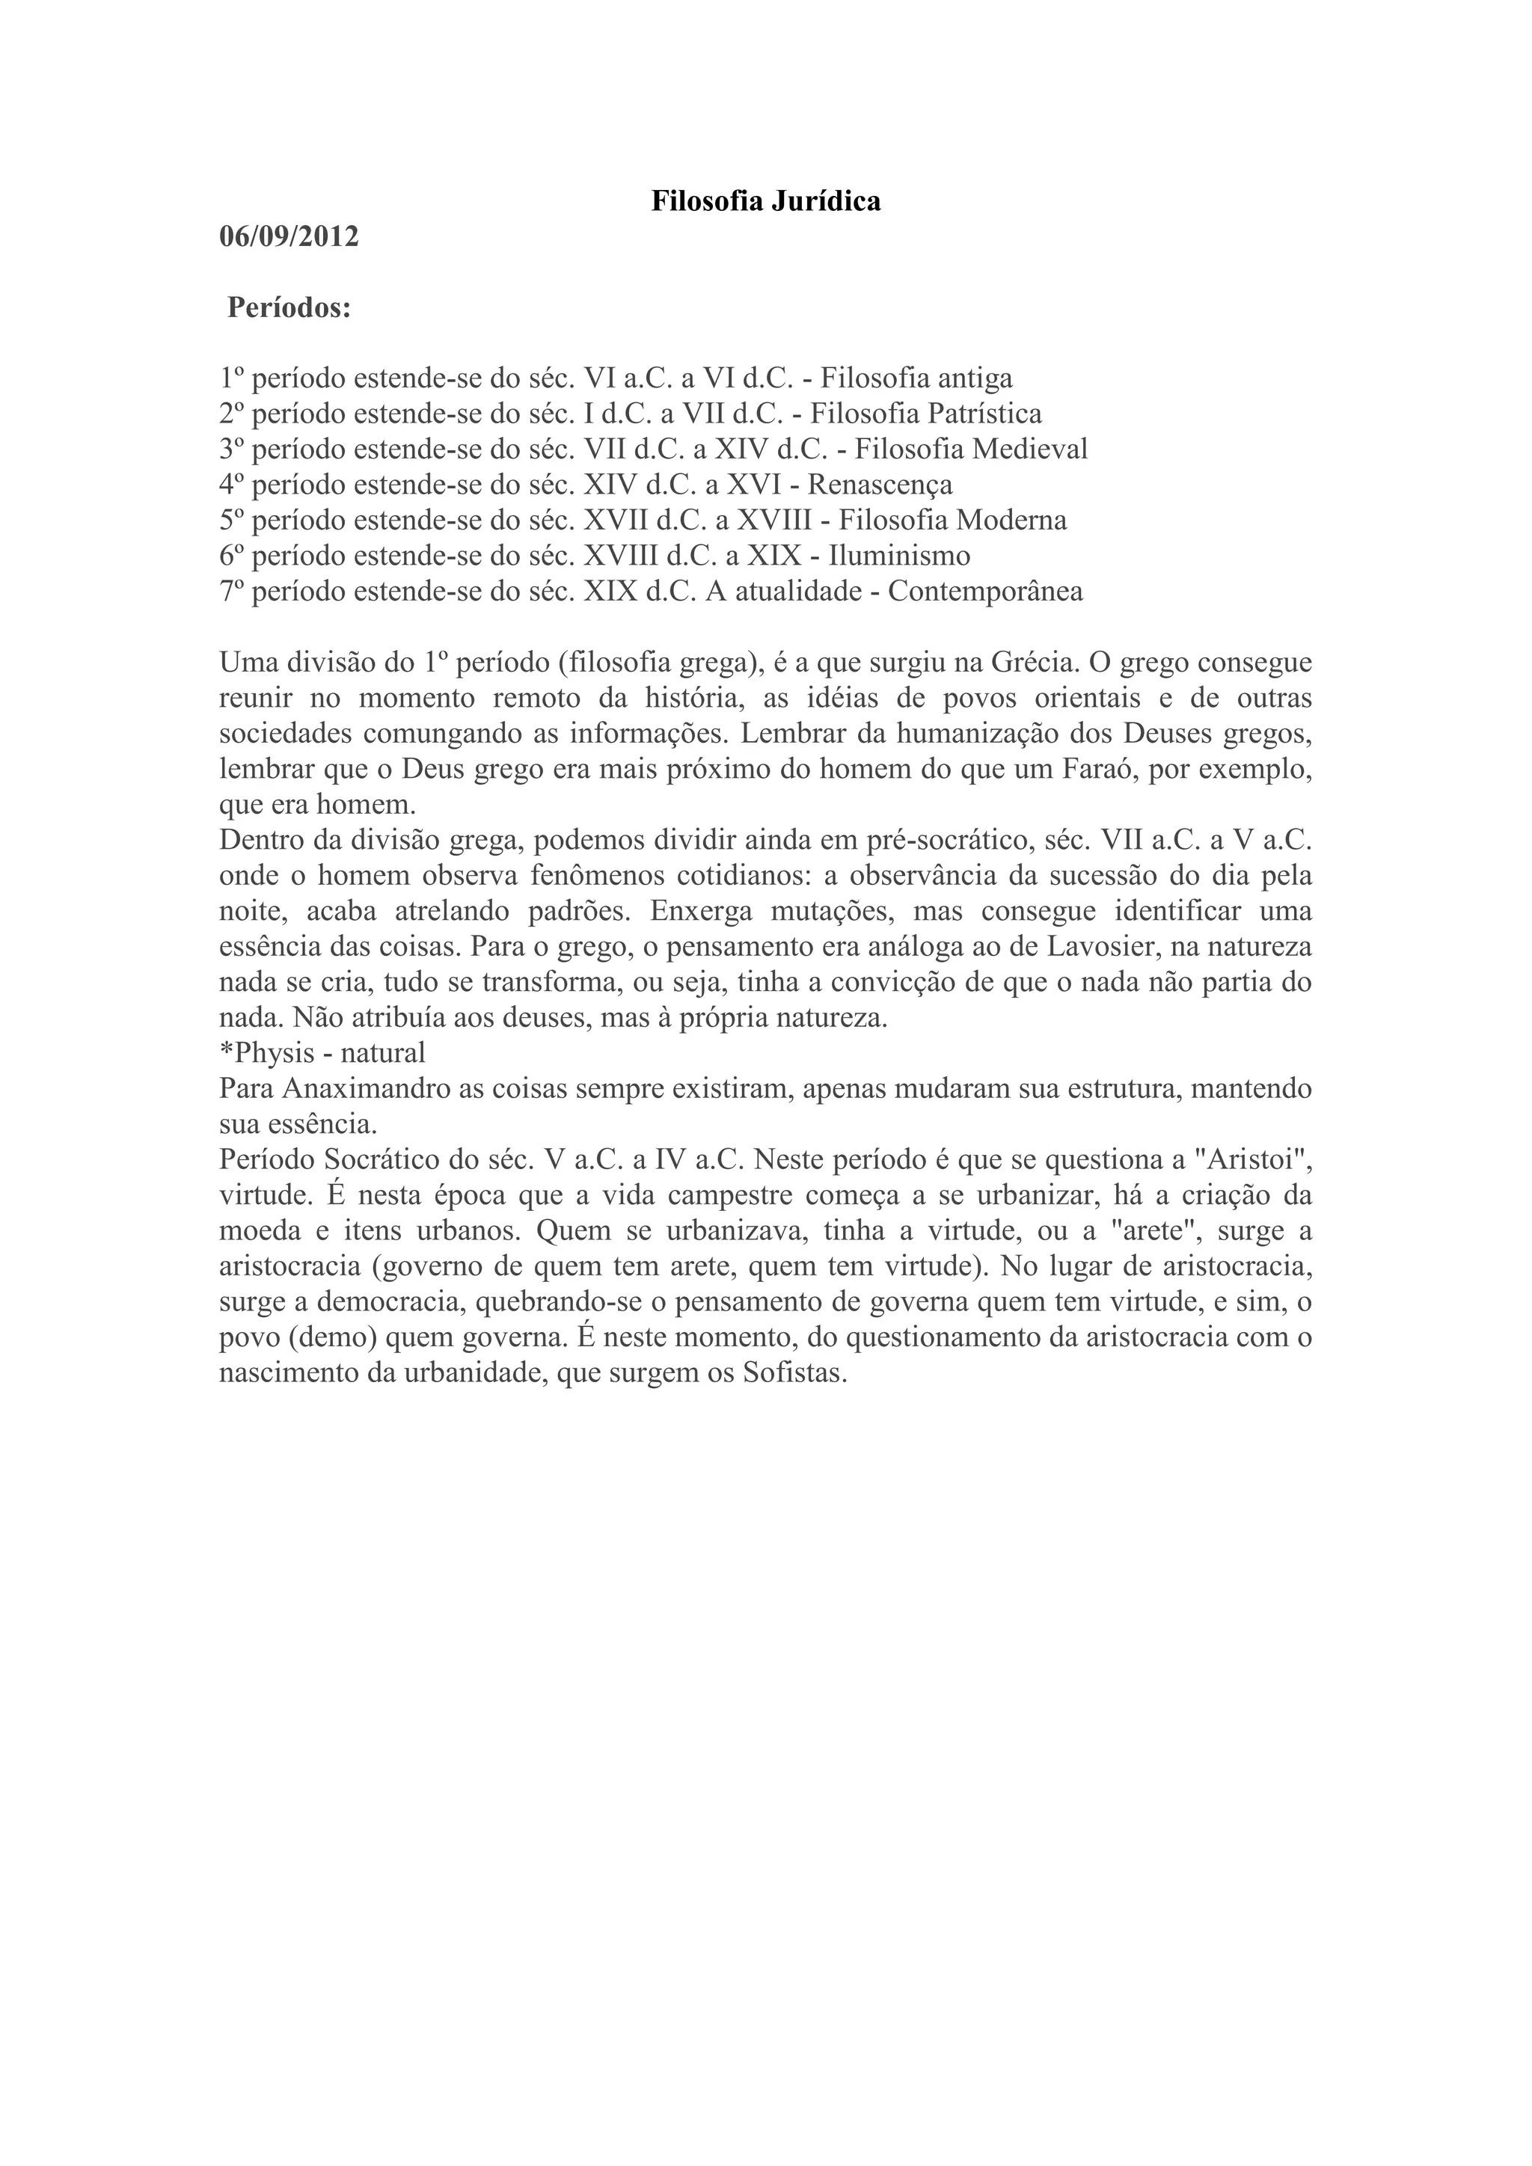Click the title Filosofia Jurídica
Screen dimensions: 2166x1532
click(765, 201)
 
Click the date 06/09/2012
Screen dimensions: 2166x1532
click(289, 237)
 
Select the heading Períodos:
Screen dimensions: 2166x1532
click(289, 308)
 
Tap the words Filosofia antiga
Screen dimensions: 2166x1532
click(916, 378)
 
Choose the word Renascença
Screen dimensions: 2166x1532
click(880, 485)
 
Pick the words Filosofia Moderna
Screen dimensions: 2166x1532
click(953, 520)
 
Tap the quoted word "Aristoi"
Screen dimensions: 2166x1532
click(1254, 1160)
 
